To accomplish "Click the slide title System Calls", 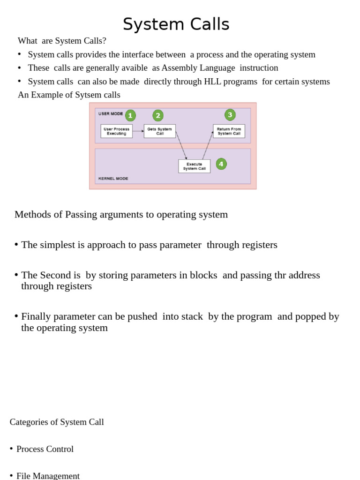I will (x=176, y=24).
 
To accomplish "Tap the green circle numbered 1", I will (x=130, y=116).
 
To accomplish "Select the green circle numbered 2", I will (x=158, y=116).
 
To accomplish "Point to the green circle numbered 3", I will (x=230, y=115).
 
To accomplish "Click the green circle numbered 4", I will (x=221, y=164).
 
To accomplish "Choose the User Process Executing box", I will (x=116, y=131).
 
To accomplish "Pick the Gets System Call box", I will (x=159, y=131).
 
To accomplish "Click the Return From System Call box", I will (x=229, y=131).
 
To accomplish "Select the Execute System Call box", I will (x=194, y=166).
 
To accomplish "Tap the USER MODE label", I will (x=111, y=114).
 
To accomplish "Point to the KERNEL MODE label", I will (x=113, y=179).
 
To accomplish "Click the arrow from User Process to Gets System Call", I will (x=138, y=131).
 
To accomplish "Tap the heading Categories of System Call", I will (x=57, y=422).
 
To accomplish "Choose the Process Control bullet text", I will (x=45, y=449).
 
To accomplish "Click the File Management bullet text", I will (x=48, y=476).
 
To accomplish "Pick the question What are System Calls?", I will (x=62, y=41).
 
